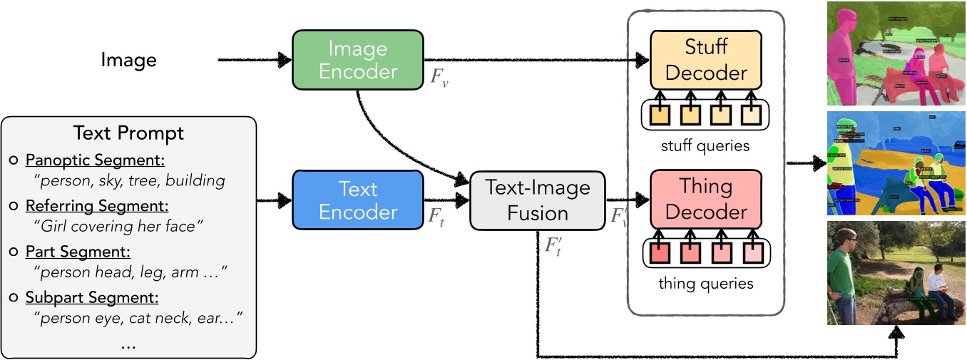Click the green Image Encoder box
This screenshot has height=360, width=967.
[358, 60]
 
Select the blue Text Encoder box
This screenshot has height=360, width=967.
[358, 201]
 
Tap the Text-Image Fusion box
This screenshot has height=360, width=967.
[537, 201]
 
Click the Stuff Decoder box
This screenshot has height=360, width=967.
[705, 61]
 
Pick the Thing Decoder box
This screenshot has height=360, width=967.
[705, 200]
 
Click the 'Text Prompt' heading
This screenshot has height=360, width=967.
[128, 133]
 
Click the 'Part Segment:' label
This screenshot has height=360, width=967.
[78, 252]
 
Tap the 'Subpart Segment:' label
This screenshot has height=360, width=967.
[92, 297]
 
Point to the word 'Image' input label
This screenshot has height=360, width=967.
[128, 60]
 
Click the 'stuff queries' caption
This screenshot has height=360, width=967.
[705, 146]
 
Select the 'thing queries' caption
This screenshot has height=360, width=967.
[705, 284]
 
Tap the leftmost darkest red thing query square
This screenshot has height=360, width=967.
[660, 252]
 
